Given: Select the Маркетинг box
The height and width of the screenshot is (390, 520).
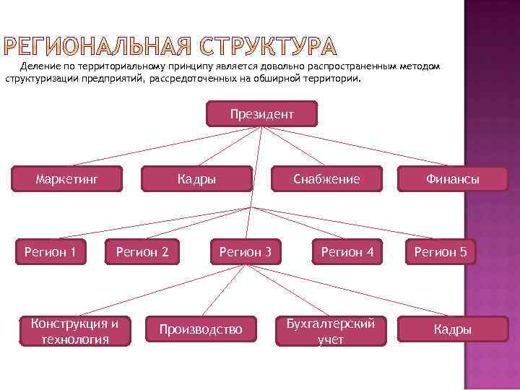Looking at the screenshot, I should pyautogui.click(x=67, y=178).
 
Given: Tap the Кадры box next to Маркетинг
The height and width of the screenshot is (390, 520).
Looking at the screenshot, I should pyautogui.click(x=197, y=178).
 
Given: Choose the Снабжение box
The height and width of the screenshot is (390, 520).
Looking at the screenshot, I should pyautogui.click(x=326, y=178).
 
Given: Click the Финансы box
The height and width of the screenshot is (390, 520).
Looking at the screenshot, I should pyautogui.click(x=453, y=179).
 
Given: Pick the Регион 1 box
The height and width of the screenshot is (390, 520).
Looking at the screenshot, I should pyautogui.click(x=51, y=251).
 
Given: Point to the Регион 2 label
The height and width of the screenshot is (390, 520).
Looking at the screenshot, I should pyautogui.click(x=143, y=251).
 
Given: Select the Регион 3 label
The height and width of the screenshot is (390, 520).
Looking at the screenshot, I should pyautogui.click(x=246, y=251).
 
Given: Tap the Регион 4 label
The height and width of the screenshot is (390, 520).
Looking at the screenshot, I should pyautogui.click(x=347, y=251).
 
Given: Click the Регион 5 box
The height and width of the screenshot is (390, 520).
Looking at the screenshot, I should pyautogui.click(x=440, y=251).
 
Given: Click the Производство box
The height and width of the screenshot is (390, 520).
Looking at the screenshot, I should pyautogui.click(x=201, y=329).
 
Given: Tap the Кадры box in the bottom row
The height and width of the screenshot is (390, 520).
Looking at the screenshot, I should pyautogui.click(x=453, y=329).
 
